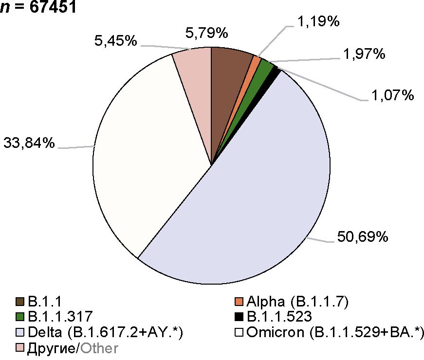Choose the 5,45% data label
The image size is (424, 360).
point(115,41)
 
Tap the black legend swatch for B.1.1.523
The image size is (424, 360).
point(239,317)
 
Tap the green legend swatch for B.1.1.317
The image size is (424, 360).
point(20,317)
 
